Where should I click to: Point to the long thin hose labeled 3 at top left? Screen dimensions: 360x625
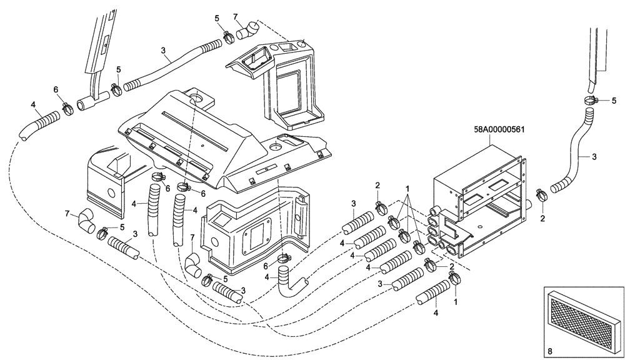pos(169,66)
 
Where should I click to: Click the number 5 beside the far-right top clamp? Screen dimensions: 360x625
pos(614,100)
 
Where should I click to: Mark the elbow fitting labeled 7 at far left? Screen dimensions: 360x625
pos(83,221)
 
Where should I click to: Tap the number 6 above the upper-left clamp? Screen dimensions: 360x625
pos(56,90)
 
